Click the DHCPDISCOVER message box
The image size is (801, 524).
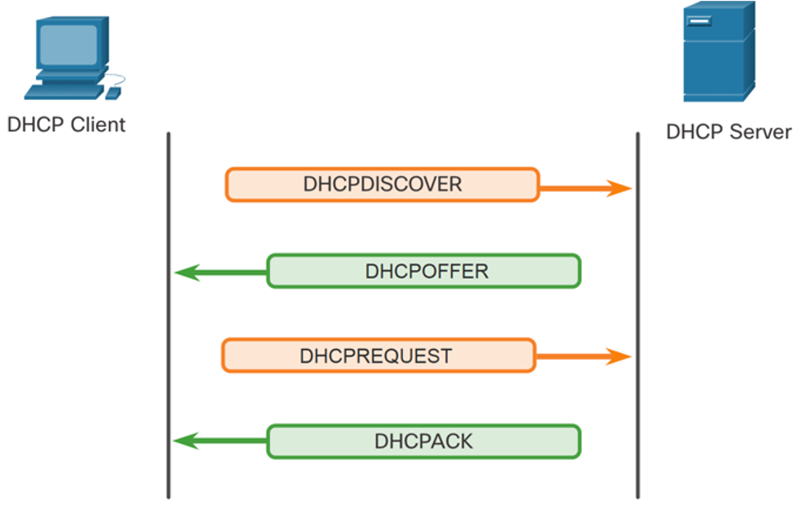coord(383,185)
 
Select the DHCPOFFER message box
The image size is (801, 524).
coord(424,271)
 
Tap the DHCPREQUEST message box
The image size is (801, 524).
coord(379,356)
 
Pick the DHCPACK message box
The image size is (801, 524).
coord(424,441)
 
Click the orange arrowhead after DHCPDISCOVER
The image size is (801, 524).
coord(619,189)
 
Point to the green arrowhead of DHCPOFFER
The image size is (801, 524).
coord(187,273)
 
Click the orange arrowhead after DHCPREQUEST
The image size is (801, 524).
coord(619,356)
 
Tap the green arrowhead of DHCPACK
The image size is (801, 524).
coord(186,441)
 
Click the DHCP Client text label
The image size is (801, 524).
coord(67,124)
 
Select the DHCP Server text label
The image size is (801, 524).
coord(729,132)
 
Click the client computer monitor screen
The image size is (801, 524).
coord(68,45)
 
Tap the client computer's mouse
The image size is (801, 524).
coord(113,94)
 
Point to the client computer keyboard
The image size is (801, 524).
coord(63,92)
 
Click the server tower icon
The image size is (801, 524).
coord(720,51)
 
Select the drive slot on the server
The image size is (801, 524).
coord(699,21)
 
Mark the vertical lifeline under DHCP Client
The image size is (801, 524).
coord(168,315)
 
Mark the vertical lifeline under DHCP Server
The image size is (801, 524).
coord(637,315)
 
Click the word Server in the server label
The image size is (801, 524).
coord(760,132)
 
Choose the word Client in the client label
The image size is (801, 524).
coord(98,124)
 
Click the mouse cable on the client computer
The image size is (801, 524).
coord(116,80)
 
